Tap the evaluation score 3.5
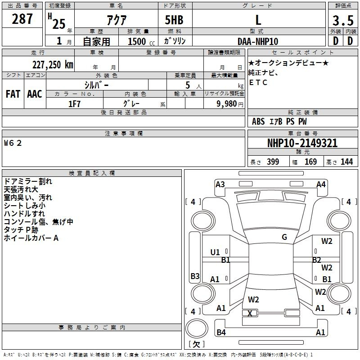coord(342,20)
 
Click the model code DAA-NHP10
coord(258,41)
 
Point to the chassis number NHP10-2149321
coord(302,143)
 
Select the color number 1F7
coord(74,103)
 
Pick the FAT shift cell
coord(13,94)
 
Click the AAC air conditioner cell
coord(34,94)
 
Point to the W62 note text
coord(13,143)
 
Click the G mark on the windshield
coord(284,237)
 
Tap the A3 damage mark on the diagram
coord(220,184)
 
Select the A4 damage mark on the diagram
coord(321,184)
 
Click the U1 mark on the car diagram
coord(215,252)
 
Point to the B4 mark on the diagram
coord(221,333)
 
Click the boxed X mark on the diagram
coord(250,313)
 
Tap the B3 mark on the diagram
coord(195,276)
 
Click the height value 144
coord(346,162)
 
